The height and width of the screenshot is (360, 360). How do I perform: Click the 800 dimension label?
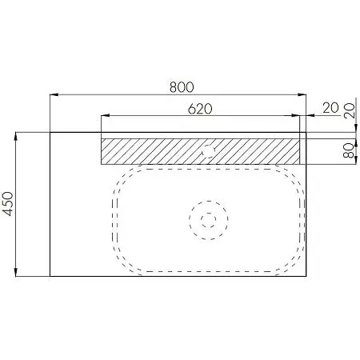[x=182, y=87]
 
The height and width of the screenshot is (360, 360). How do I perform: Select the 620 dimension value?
[x=200, y=109]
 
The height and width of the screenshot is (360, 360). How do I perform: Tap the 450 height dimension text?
[x=8, y=204]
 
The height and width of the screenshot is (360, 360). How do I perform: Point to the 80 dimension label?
[x=349, y=151]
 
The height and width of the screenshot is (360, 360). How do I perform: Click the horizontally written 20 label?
[x=330, y=108]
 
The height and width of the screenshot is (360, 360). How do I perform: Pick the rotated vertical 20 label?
[x=349, y=110]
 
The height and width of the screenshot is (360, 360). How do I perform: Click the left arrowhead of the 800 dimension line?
[x=54, y=94]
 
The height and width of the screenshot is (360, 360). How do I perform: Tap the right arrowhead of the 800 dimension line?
[x=302, y=94]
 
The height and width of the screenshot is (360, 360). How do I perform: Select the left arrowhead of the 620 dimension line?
[x=106, y=115]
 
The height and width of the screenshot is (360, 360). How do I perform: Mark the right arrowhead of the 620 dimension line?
[x=296, y=115]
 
